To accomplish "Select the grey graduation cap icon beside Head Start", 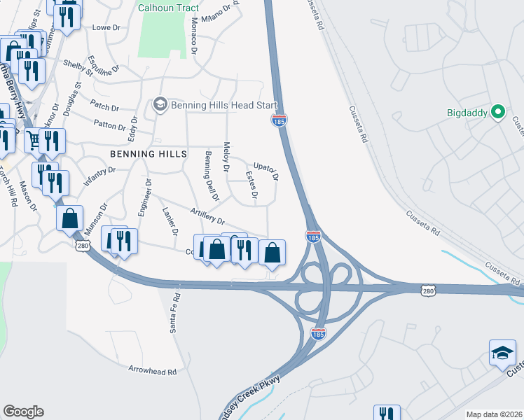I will tap(159, 105).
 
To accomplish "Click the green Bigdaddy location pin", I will tap(498, 111).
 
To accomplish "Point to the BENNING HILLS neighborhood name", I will tap(149, 153).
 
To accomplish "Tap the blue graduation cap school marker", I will tap(502, 352).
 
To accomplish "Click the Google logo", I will tap(23, 412).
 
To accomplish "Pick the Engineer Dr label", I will tap(144, 198).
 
